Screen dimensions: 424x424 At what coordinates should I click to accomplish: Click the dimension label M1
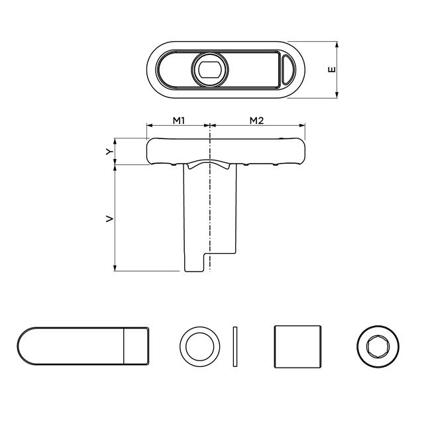point(178,120)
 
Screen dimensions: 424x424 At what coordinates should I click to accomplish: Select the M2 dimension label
point(257,120)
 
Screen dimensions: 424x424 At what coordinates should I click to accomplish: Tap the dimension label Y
point(109,152)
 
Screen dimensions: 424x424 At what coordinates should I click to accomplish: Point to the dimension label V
point(109,218)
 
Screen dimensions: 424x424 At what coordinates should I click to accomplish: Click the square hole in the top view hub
point(211,69)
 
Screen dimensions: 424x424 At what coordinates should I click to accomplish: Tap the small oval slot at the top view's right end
point(287,70)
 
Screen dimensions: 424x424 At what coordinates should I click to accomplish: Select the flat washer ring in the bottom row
point(199,346)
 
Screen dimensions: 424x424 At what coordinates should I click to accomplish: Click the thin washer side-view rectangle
point(235,346)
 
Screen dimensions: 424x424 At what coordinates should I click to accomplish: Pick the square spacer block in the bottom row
point(297,346)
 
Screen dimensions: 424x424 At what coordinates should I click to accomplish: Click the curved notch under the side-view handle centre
point(210,164)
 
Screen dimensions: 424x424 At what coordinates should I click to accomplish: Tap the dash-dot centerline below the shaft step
point(210,264)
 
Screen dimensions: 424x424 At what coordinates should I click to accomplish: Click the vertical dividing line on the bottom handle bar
point(125,346)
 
